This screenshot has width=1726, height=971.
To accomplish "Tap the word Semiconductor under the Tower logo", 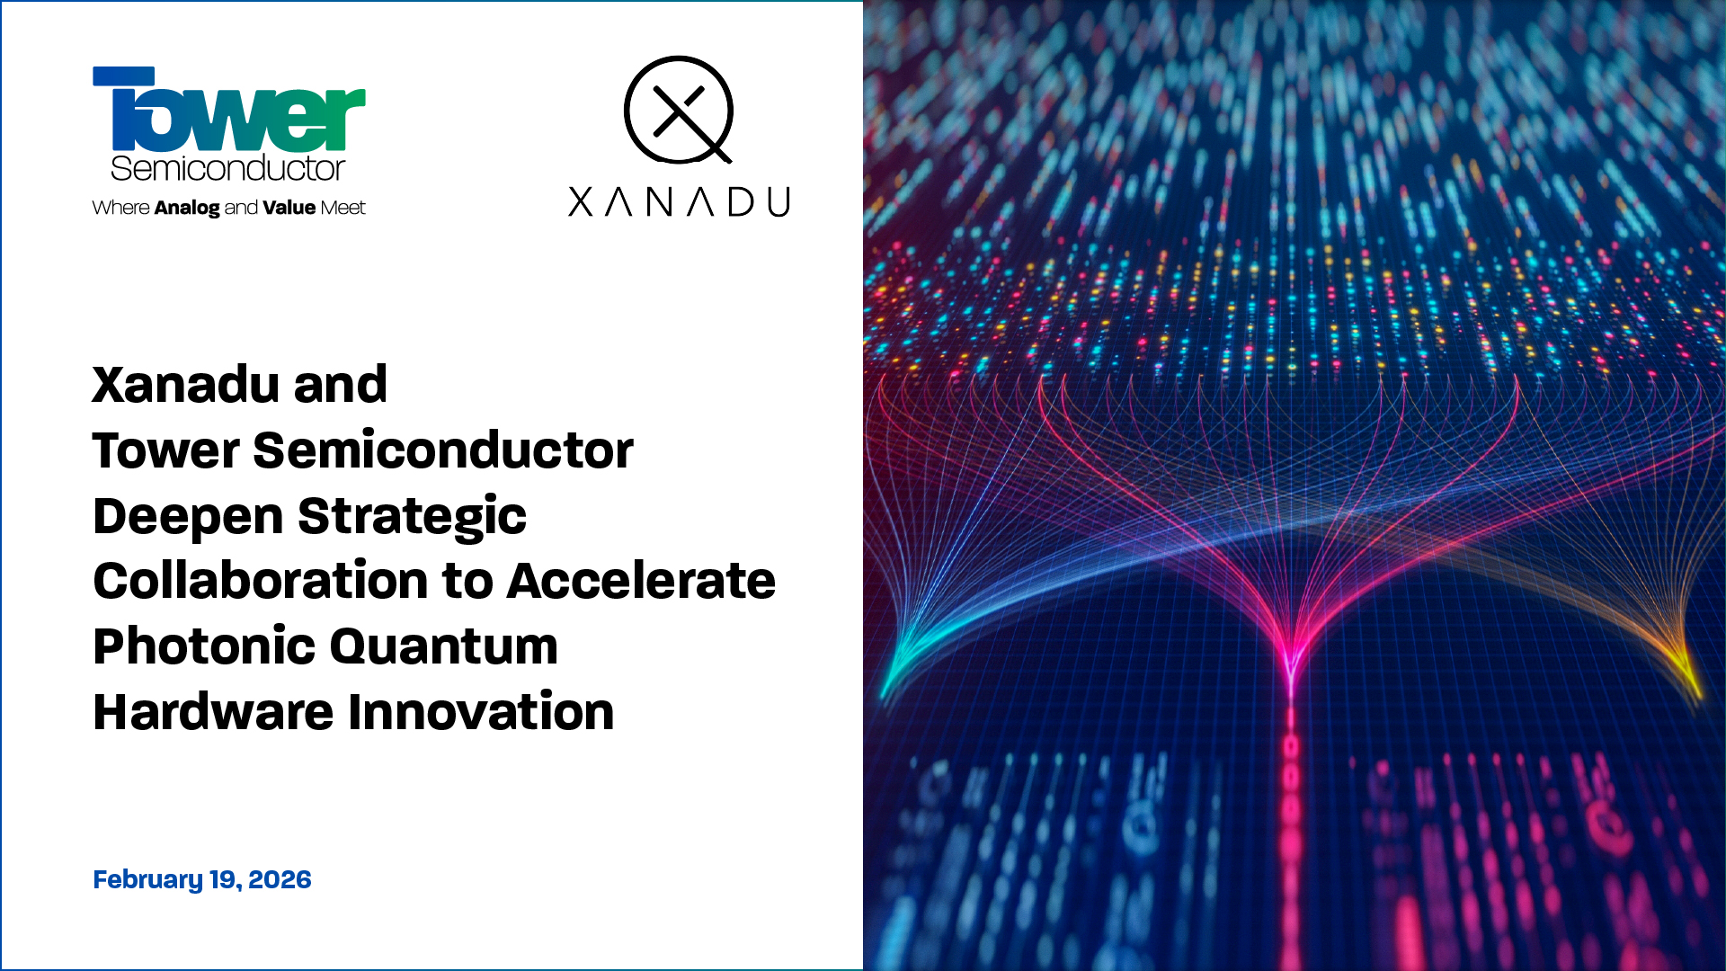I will (x=227, y=168).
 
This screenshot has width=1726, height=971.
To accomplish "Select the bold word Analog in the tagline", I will (x=187, y=208).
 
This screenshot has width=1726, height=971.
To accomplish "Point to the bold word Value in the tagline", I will (x=289, y=208).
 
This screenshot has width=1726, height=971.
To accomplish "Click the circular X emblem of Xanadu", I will (x=679, y=110).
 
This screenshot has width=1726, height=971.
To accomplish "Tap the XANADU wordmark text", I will (x=679, y=201).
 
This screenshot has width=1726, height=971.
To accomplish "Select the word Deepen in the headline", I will (x=188, y=517).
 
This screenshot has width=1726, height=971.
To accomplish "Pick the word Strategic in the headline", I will (x=412, y=517).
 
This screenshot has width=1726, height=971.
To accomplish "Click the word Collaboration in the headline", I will (x=260, y=581).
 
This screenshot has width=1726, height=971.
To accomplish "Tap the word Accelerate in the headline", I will (x=641, y=581).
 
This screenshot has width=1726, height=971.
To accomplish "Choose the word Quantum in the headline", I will (x=444, y=646).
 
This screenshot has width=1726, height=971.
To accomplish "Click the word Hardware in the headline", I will (x=213, y=712).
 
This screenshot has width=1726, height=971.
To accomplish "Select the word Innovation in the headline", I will (x=481, y=712).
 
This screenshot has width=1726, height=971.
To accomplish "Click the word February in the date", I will (x=147, y=879).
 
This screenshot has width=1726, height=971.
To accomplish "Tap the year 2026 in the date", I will (x=280, y=879).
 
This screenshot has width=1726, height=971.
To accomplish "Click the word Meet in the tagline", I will (x=343, y=208).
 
